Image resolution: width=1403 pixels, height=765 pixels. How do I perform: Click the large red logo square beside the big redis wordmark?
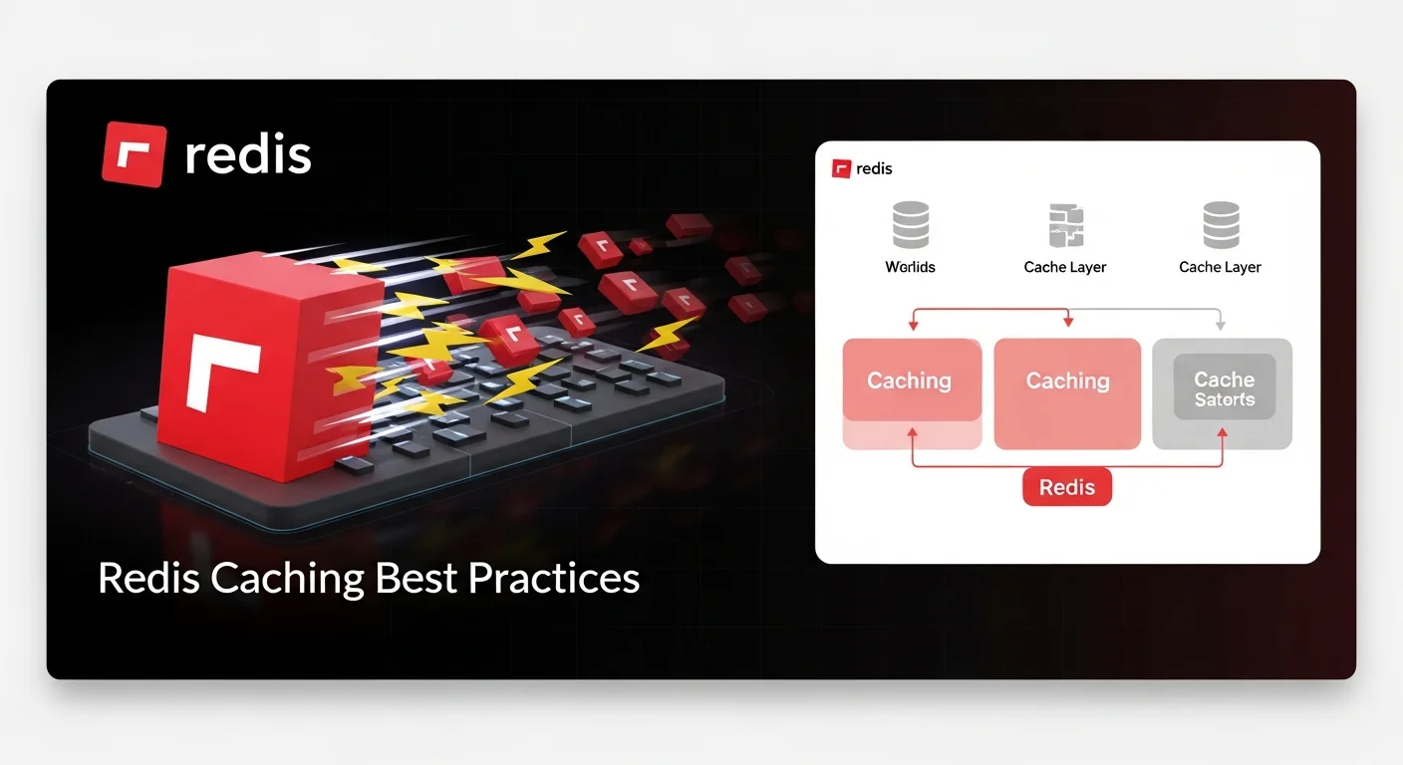(134, 154)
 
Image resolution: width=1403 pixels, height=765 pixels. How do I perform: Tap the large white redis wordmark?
(248, 155)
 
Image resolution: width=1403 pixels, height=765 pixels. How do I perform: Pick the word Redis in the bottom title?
(143, 578)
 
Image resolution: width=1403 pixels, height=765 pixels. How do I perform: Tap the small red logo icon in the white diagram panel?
(842, 169)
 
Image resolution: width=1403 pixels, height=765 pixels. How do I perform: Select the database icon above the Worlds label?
(911, 225)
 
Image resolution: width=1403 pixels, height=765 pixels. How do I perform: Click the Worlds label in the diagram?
(911, 267)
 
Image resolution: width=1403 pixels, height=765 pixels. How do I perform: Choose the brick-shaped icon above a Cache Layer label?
(1065, 225)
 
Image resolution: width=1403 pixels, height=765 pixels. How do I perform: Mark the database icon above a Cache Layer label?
(1221, 225)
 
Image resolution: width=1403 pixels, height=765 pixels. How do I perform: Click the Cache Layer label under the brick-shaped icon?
(1065, 267)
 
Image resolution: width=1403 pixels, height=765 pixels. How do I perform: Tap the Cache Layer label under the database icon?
(1221, 267)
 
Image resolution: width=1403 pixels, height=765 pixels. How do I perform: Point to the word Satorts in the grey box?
(1225, 400)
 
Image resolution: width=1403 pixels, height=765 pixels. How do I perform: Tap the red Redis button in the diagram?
(1067, 487)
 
